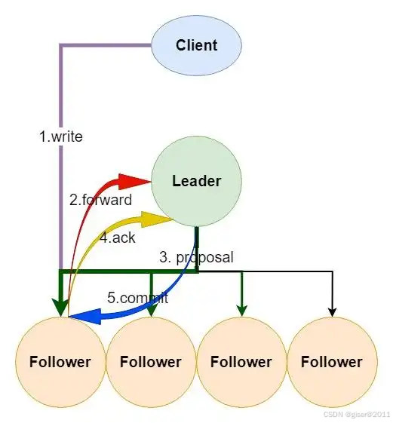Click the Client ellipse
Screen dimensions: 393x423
(196, 45)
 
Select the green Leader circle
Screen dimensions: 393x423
(196, 181)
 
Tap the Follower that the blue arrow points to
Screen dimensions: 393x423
(60, 362)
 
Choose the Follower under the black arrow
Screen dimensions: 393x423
(332, 362)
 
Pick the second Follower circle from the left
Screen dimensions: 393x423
(151, 362)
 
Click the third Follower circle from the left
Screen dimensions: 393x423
(241, 362)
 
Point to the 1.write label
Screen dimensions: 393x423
(61, 136)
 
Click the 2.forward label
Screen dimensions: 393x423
(100, 200)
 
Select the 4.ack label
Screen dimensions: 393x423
(118, 238)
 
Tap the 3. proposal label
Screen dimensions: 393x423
(196, 257)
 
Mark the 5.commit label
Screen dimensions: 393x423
(137, 298)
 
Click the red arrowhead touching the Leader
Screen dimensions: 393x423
(135, 182)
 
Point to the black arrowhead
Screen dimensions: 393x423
(332, 312)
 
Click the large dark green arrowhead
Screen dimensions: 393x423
(61, 307)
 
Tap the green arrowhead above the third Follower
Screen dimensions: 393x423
(241, 311)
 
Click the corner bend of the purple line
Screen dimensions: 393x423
(61, 45)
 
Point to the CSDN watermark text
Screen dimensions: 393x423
(356, 415)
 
